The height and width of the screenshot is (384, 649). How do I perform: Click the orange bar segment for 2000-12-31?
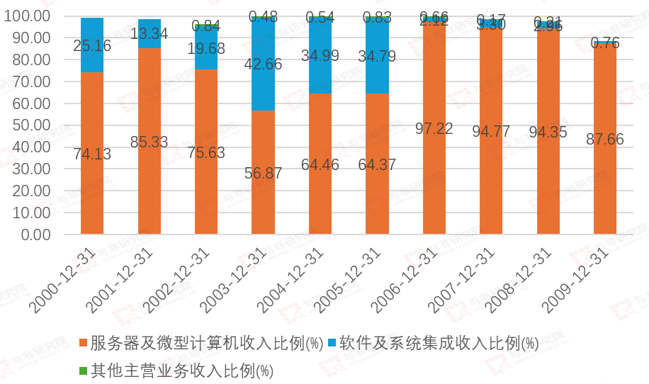point(92,177)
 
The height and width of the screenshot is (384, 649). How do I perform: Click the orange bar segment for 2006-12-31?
point(434,170)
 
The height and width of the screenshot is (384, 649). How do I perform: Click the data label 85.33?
point(149,142)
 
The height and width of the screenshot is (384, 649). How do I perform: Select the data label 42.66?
point(263,64)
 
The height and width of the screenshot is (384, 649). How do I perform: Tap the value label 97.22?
point(434,128)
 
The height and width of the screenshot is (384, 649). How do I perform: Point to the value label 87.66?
point(604,139)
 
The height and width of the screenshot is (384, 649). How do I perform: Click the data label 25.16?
point(92,46)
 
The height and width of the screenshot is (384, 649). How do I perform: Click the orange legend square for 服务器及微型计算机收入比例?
point(83,343)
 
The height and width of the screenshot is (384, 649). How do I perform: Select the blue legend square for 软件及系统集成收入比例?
point(332,343)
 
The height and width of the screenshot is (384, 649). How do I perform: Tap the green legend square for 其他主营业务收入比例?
point(83,371)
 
